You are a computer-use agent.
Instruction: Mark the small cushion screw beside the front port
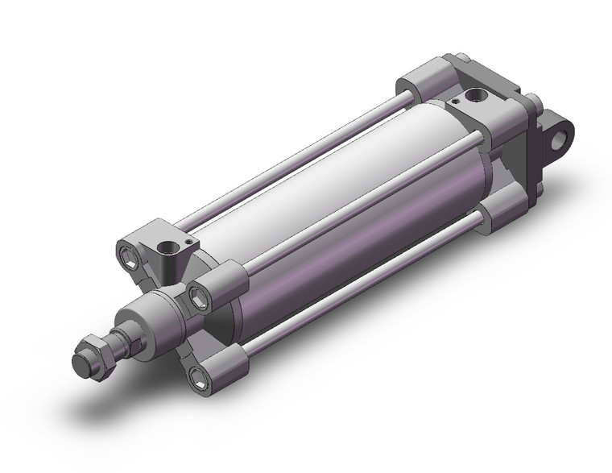(x=188, y=247)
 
